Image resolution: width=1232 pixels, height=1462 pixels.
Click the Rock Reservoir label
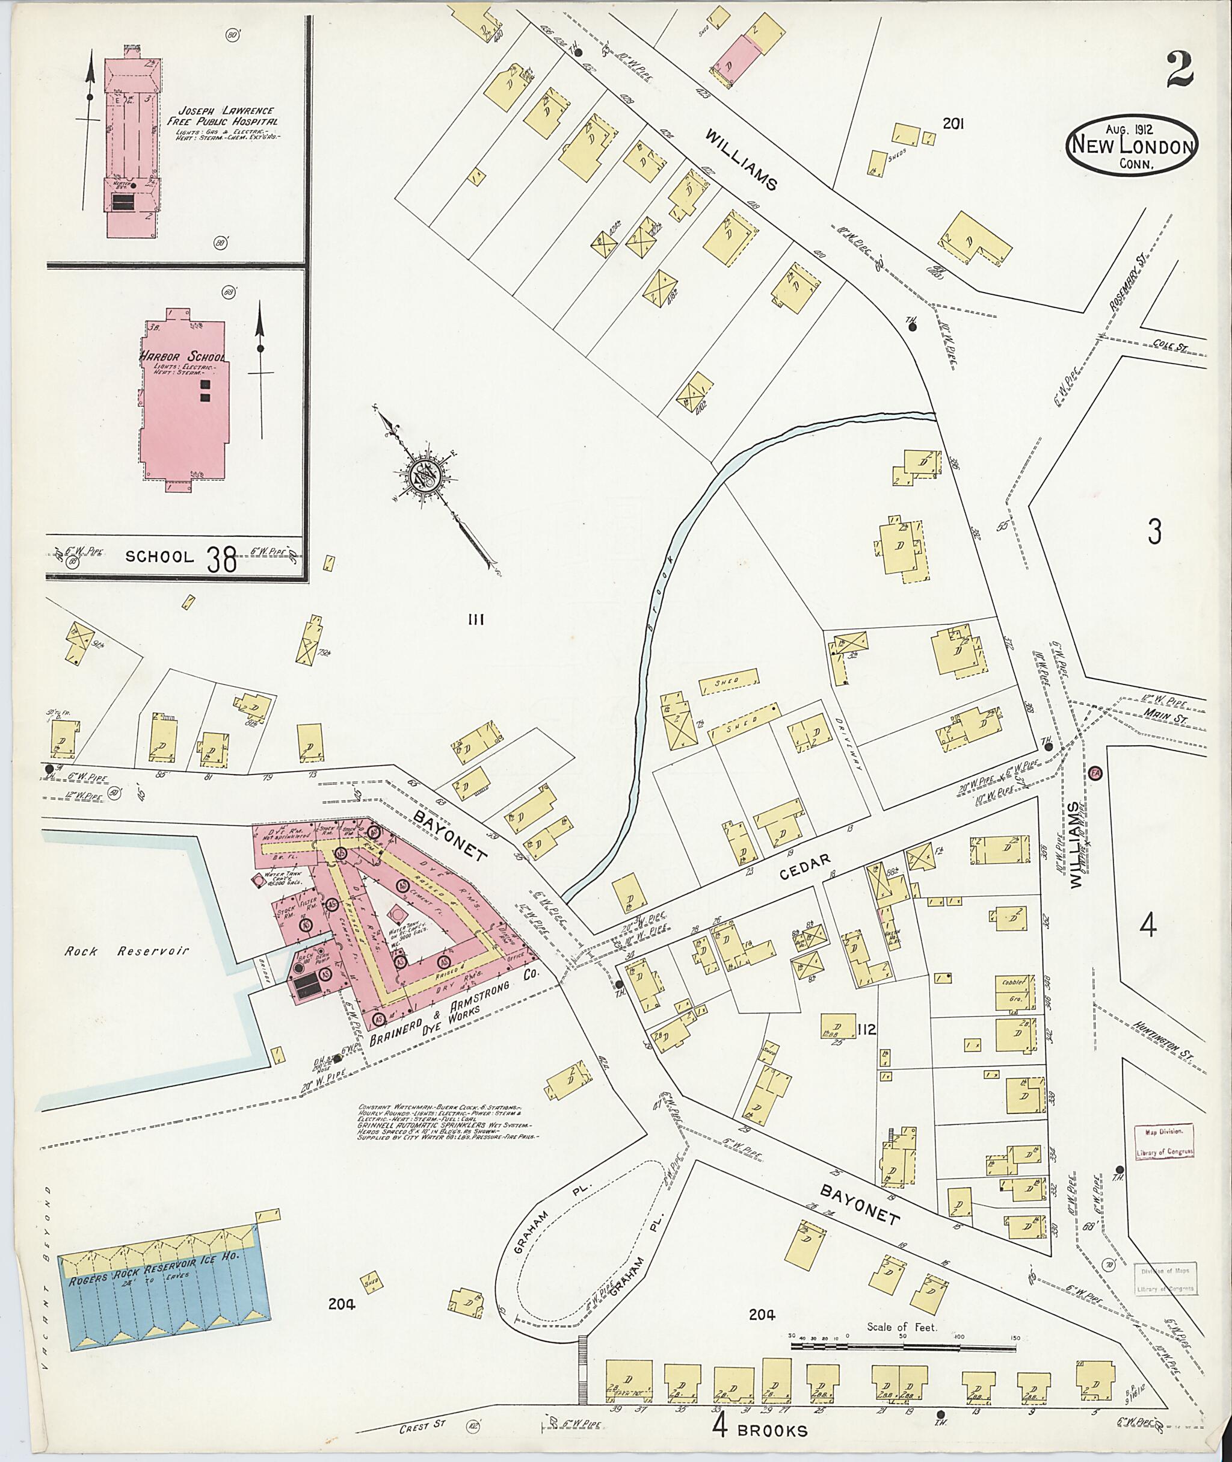point(126,951)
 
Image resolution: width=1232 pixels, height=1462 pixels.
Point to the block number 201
point(953,124)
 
